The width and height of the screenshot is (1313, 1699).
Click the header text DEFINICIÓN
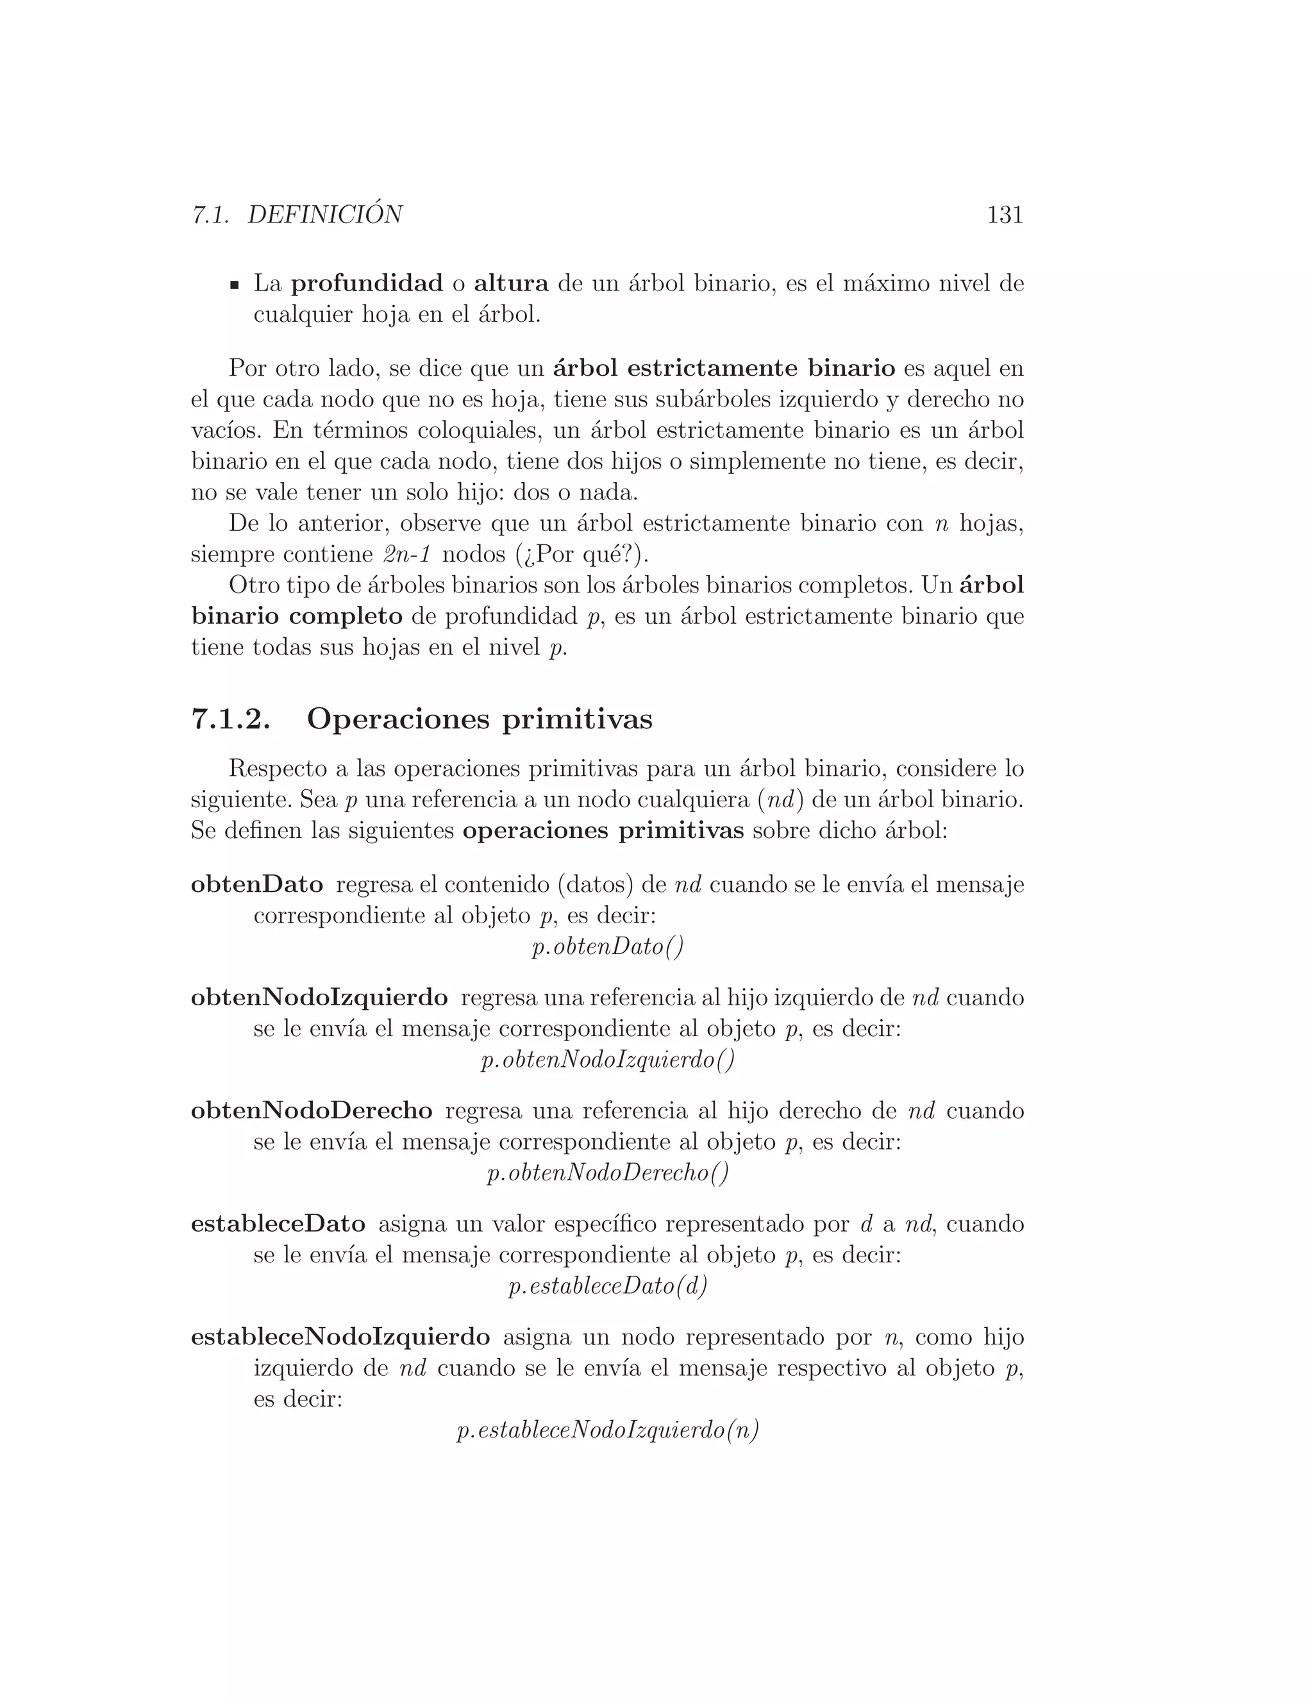(x=325, y=215)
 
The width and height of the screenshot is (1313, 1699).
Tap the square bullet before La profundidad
(x=233, y=285)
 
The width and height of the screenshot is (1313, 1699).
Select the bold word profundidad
(x=367, y=284)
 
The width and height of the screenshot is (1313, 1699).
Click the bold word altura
(x=511, y=284)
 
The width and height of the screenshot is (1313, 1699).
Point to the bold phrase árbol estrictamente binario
(x=724, y=368)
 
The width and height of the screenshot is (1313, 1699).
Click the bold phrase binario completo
(x=297, y=617)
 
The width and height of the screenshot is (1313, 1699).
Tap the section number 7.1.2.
(x=231, y=719)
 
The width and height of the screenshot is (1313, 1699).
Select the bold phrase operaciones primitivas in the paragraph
(x=603, y=831)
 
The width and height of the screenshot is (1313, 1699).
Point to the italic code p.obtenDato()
(x=608, y=948)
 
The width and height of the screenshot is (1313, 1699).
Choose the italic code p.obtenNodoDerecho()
(x=608, y=1173)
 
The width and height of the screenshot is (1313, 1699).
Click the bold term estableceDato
(x=278, y=1224)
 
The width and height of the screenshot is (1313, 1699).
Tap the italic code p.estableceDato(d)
(x=608, y=1287)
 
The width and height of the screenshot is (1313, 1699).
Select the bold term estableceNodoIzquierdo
(x=340, y=1337)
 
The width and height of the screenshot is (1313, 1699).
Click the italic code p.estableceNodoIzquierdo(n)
(x=608, y=1430)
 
